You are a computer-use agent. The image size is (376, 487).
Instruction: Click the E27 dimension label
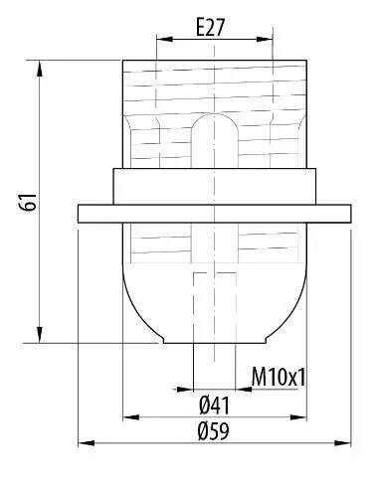(211, 27)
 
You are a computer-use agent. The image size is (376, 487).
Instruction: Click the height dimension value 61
(28, 202)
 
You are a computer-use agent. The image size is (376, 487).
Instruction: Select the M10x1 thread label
(279, 377)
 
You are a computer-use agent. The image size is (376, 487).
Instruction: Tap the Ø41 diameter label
(214, 406)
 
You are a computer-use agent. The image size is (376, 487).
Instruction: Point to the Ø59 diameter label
(214, 431)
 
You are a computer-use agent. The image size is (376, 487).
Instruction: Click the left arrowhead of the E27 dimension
(164, 39)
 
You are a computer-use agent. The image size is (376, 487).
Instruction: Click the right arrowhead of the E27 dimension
(265, 39)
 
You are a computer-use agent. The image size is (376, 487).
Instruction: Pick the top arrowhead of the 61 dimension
(40, 69)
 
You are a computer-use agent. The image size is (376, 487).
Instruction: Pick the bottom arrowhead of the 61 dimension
(40, 335)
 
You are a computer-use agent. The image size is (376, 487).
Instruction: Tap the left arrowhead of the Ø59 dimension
(87, 443)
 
